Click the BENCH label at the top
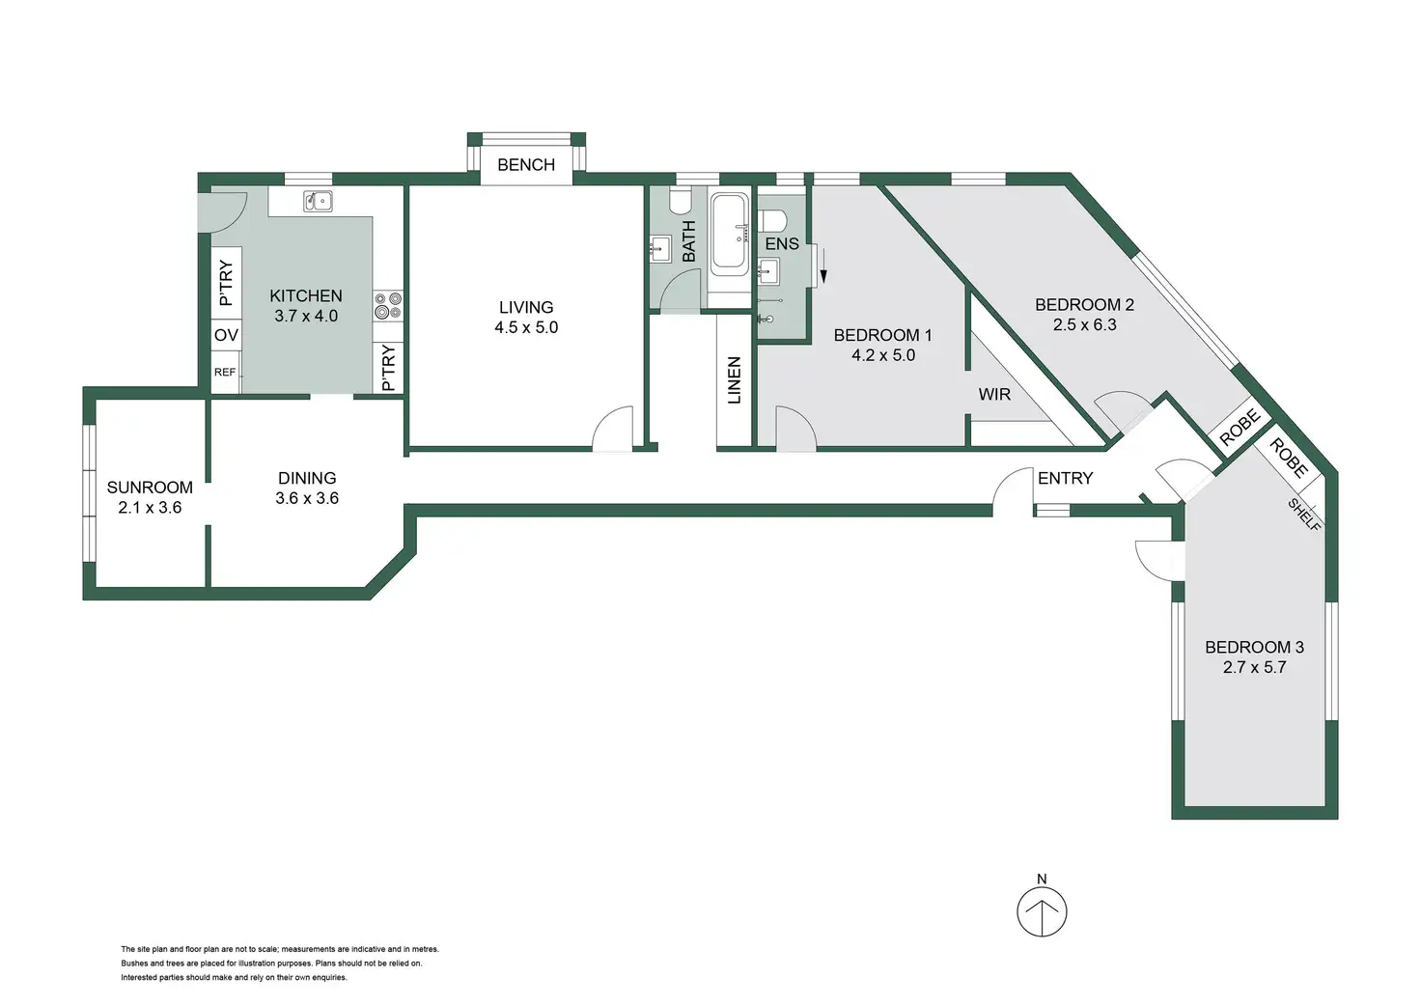click(x=526, y=165)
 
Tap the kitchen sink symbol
click(x=318, y=201)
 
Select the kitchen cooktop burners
click(x=388, y=305)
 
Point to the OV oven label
click(x=226, y=336)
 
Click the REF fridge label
click(x=225, y=372)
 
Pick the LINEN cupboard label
click(x=735, y=379)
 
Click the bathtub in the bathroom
click(x=729, y=235)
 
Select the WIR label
click(x=994, y=394)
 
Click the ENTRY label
click(x=1065, y=478)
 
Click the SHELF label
click(x=1304, y=514)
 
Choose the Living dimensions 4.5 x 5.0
click(x=526, y=327)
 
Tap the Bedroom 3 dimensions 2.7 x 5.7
click(x=1254, y=667)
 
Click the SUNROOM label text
click(x=150, y=488)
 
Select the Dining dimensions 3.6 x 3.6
click(x=307, y=498)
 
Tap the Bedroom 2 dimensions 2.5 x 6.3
click(x=1084, y=325)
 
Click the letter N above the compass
click(x=1042, y=879)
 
